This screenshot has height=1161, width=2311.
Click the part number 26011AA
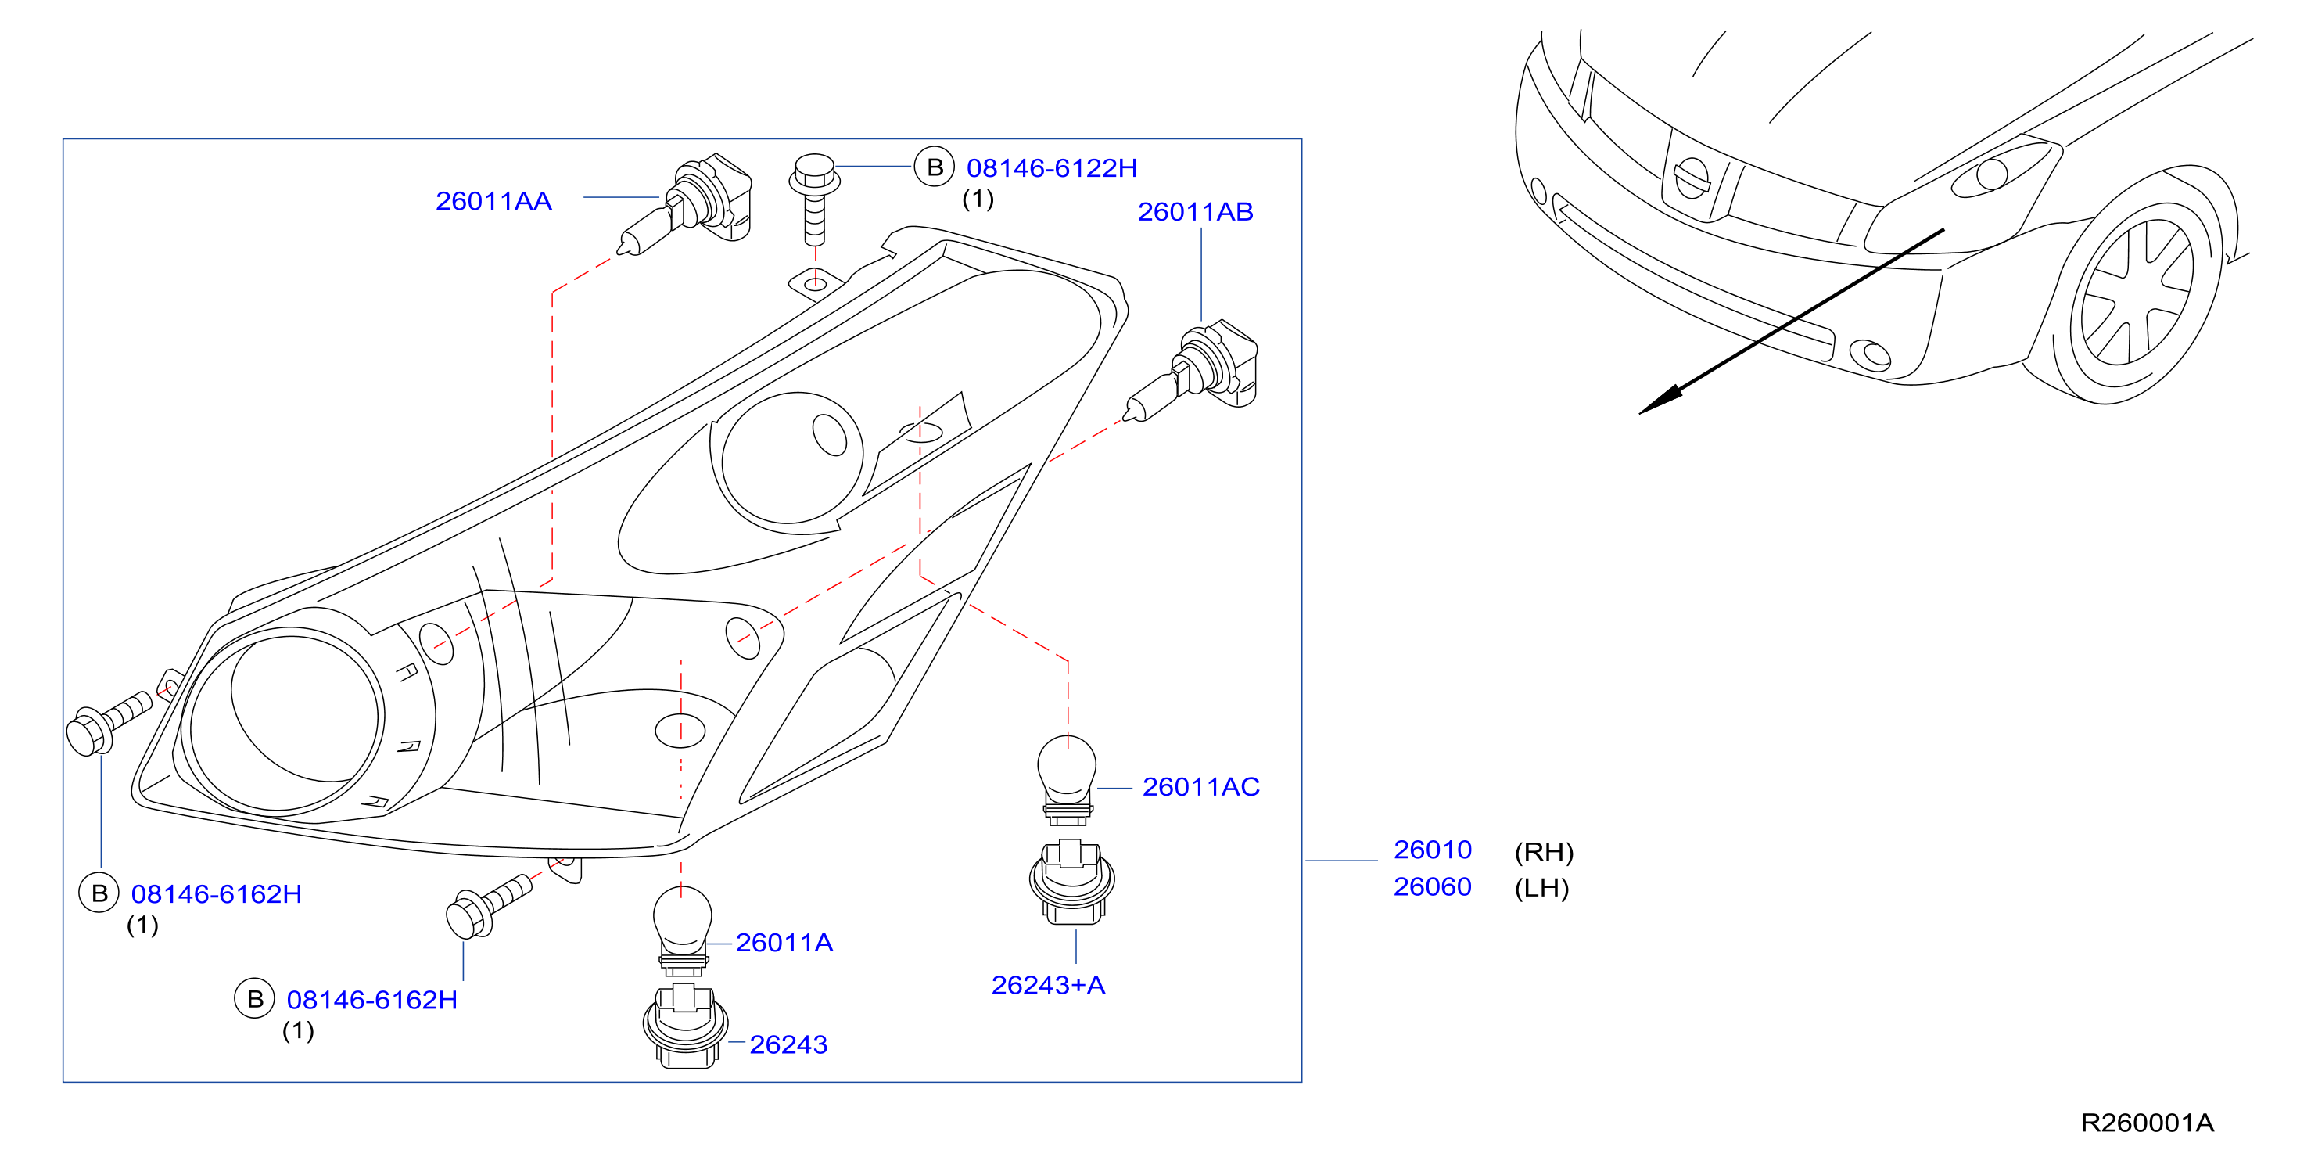click(493, 201)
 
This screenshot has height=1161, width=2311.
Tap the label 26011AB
click(1195, 212)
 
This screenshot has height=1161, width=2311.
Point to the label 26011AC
click(1200, 787)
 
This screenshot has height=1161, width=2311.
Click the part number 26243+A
click(1048, 985)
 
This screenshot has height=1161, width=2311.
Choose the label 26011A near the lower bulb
click(784, 942)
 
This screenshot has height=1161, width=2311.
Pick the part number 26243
click(788, 1044)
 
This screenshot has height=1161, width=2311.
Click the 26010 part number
click(1433, 850)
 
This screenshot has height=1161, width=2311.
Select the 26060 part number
click(1433, 886)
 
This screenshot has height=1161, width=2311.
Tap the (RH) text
click(1544, 851)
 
